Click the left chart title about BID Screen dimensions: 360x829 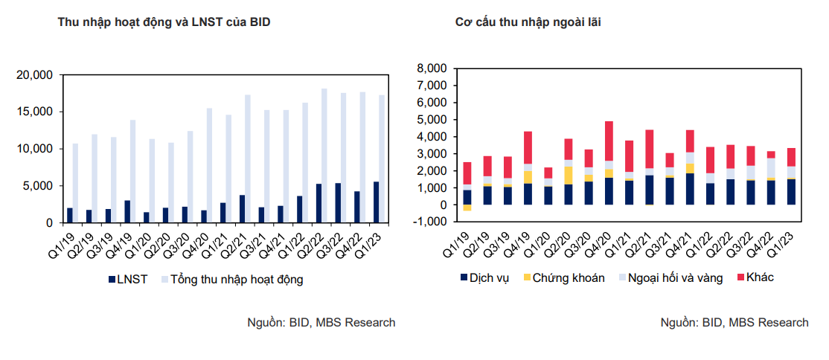pyautogui.click(x=164, y=22)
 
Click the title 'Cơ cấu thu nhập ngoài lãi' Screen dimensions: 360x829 pyautogui.click(x=528, y=22)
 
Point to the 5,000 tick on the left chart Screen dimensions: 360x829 pyautogui.click(x=38, y=186)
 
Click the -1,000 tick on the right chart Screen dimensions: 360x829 pyautogui.click(x=429, y=222)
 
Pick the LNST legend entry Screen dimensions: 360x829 pyautogui.click(x=129, y=280)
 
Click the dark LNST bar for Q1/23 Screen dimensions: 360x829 pyautogui.click(x=375, y=202)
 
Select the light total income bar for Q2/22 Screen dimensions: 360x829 pyautogui.click(x=324, y=155)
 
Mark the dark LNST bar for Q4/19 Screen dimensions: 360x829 pyautogui.click(x=127, y=211)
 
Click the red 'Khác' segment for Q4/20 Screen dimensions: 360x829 pyautogui.click(x=609, y=141)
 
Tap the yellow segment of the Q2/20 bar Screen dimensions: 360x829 pyautogui.click(x=569, y=175)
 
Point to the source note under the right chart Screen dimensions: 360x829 pyautogui.click(x=734, y=323)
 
